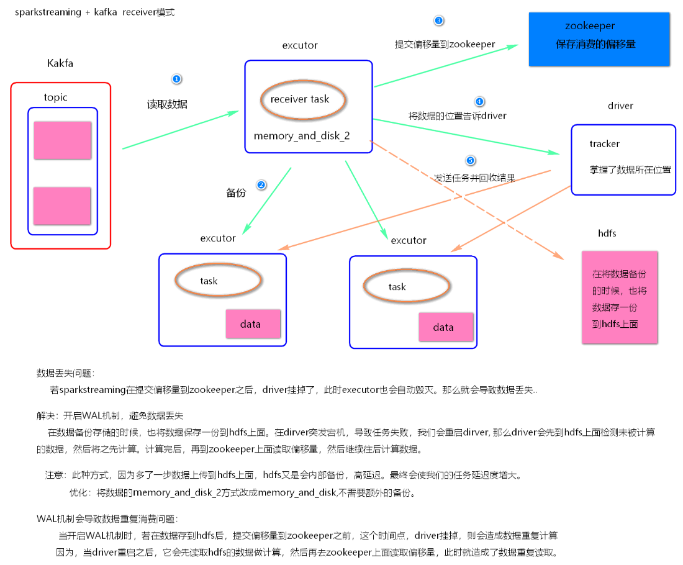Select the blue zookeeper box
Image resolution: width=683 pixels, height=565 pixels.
click(599, 39)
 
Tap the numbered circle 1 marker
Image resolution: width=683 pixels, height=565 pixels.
click(176, 79)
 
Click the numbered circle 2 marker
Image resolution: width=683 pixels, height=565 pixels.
click(261, 185)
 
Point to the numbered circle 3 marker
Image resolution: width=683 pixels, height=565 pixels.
click(439, 20)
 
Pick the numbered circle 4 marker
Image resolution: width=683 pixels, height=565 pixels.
click(479, 101)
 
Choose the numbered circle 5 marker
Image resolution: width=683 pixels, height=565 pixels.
click(470, 161)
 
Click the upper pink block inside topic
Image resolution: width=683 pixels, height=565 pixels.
click(62, 140)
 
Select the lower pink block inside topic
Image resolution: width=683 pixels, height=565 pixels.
click(62, 206)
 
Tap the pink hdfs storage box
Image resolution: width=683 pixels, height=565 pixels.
click(619, 297)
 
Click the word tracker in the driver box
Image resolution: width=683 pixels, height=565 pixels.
click(604, 144)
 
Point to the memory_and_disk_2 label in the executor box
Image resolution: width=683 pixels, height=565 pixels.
click(302, 135)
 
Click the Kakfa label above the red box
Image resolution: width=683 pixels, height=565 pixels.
click(60, 63)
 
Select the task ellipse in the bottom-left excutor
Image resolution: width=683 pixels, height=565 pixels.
click(217, 281)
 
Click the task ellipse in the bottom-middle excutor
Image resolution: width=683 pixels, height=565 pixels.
click(405, 286)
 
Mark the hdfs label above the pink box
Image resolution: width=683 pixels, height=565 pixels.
click(607, 233)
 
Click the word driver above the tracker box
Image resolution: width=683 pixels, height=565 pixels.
click(620, 106)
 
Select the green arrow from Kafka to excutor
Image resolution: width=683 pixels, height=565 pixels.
click(180, 130)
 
